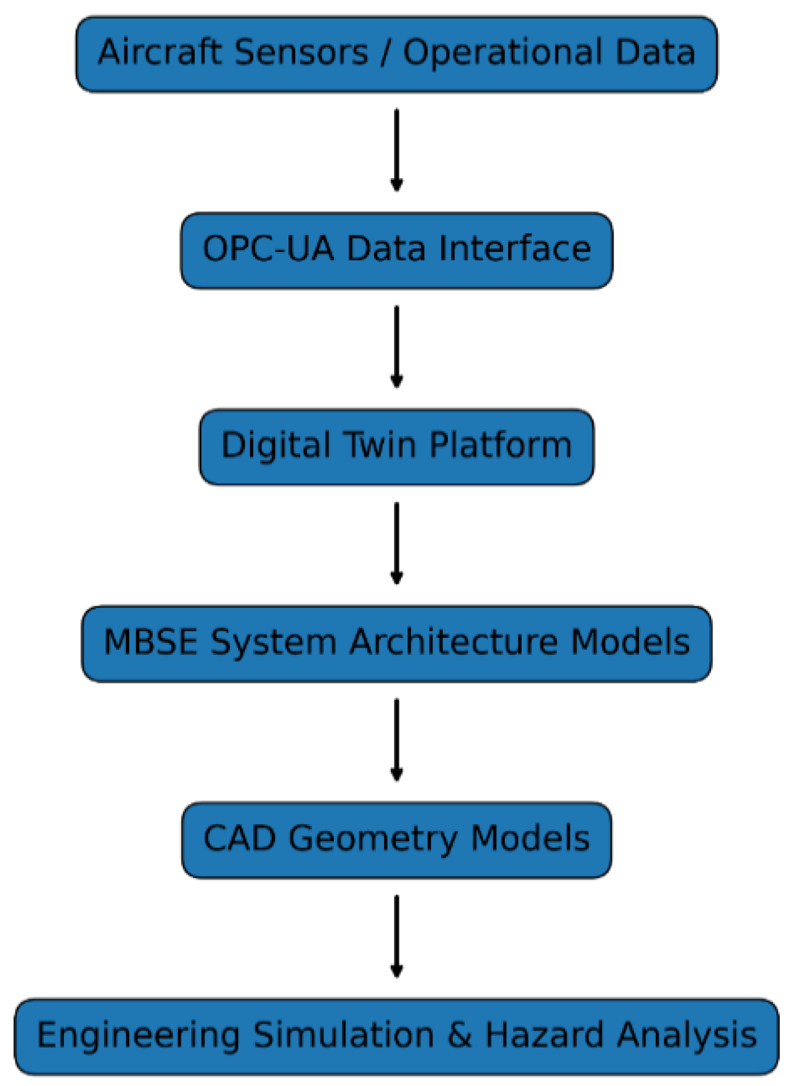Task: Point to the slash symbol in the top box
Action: (x=386, y=53)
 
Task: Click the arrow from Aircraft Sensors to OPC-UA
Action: (x=396, y=150)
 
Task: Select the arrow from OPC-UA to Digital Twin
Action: (x=396, y=346)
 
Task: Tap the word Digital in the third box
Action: (x=276, y=446)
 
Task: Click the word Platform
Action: (x=500, y=445)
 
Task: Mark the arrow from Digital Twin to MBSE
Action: (x=396, y=543)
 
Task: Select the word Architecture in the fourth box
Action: (x=454, y=642)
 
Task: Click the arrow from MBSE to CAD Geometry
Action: (x=396, y=740)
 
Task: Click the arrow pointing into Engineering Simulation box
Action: (x=396, y=936)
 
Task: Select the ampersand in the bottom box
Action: (x=459, y=1035)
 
